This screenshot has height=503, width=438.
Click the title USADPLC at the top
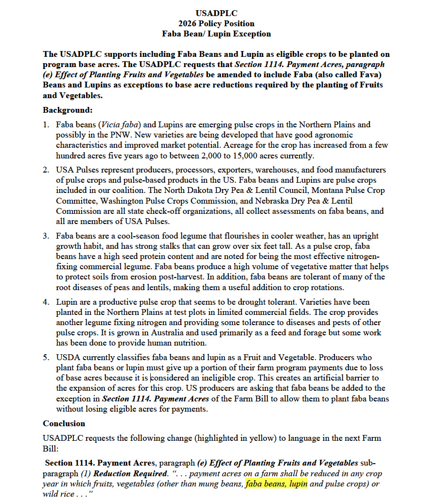coord(216,13)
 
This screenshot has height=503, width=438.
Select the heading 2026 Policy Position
coord(216,23)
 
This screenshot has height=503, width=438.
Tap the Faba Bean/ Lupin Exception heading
coord(216,34)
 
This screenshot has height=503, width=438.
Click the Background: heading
coord(68,110)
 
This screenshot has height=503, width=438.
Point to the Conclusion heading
coord(64,423)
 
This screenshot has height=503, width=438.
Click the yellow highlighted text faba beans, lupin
coord(277,484)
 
